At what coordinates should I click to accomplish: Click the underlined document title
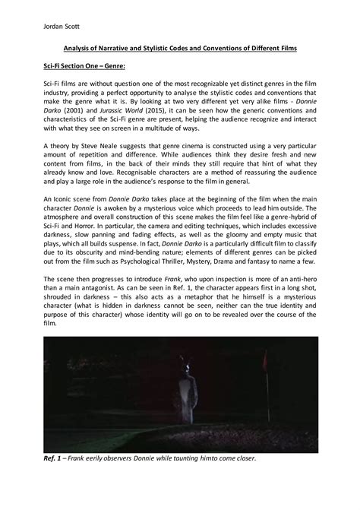point(180,49)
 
